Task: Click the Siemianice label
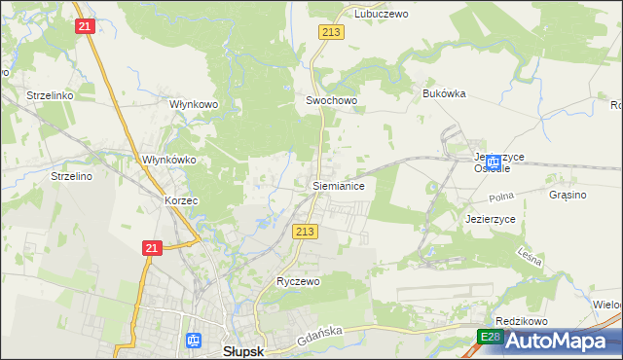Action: [338, 185]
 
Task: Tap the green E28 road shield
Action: [489, 337]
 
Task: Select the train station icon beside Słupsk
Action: [194, 341]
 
